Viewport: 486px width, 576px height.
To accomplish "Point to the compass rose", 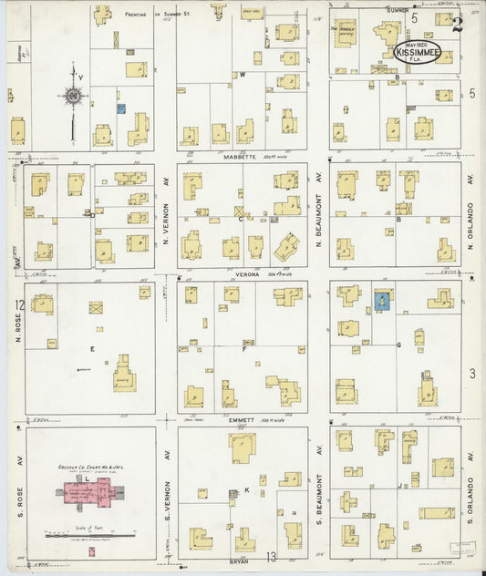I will (x=72, y=96).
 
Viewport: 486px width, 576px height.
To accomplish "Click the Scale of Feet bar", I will (x=90, y=536).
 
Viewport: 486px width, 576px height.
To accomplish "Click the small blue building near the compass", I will (x=120, y=108).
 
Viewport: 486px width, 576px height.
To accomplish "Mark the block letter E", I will (x=91, y=348).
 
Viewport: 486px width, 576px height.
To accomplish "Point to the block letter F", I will (x=243, y=348).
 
